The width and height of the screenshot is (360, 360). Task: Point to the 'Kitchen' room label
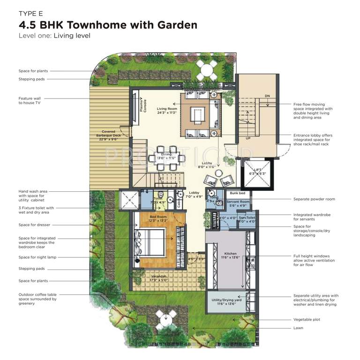tap(230, 254)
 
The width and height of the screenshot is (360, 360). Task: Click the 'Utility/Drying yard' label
tap(226, 300)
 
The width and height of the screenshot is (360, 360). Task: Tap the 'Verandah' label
tap(158, 277)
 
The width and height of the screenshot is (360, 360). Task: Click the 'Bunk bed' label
tap(237, 193)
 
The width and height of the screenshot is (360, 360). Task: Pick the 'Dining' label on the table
tap(166, 155)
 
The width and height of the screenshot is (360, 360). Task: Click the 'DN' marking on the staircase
tap(267, 96)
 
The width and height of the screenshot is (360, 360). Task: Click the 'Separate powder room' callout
tap(314, 199)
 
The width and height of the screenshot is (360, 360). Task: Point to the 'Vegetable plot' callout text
tap(307, 320)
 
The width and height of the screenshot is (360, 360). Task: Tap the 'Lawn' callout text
tap(298, 328)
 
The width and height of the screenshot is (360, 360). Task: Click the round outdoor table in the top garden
tap(207, 70)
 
